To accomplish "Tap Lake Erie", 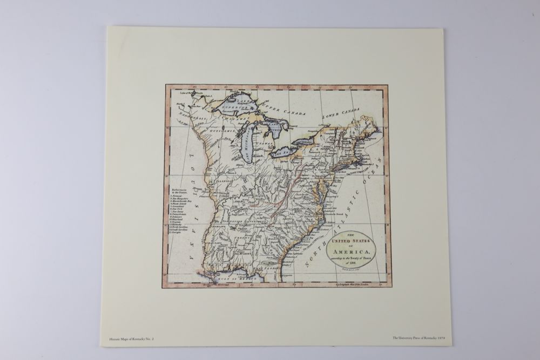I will [284, 152].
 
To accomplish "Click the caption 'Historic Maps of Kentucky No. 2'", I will [131, 339].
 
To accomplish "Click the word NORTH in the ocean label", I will [311, 253].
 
